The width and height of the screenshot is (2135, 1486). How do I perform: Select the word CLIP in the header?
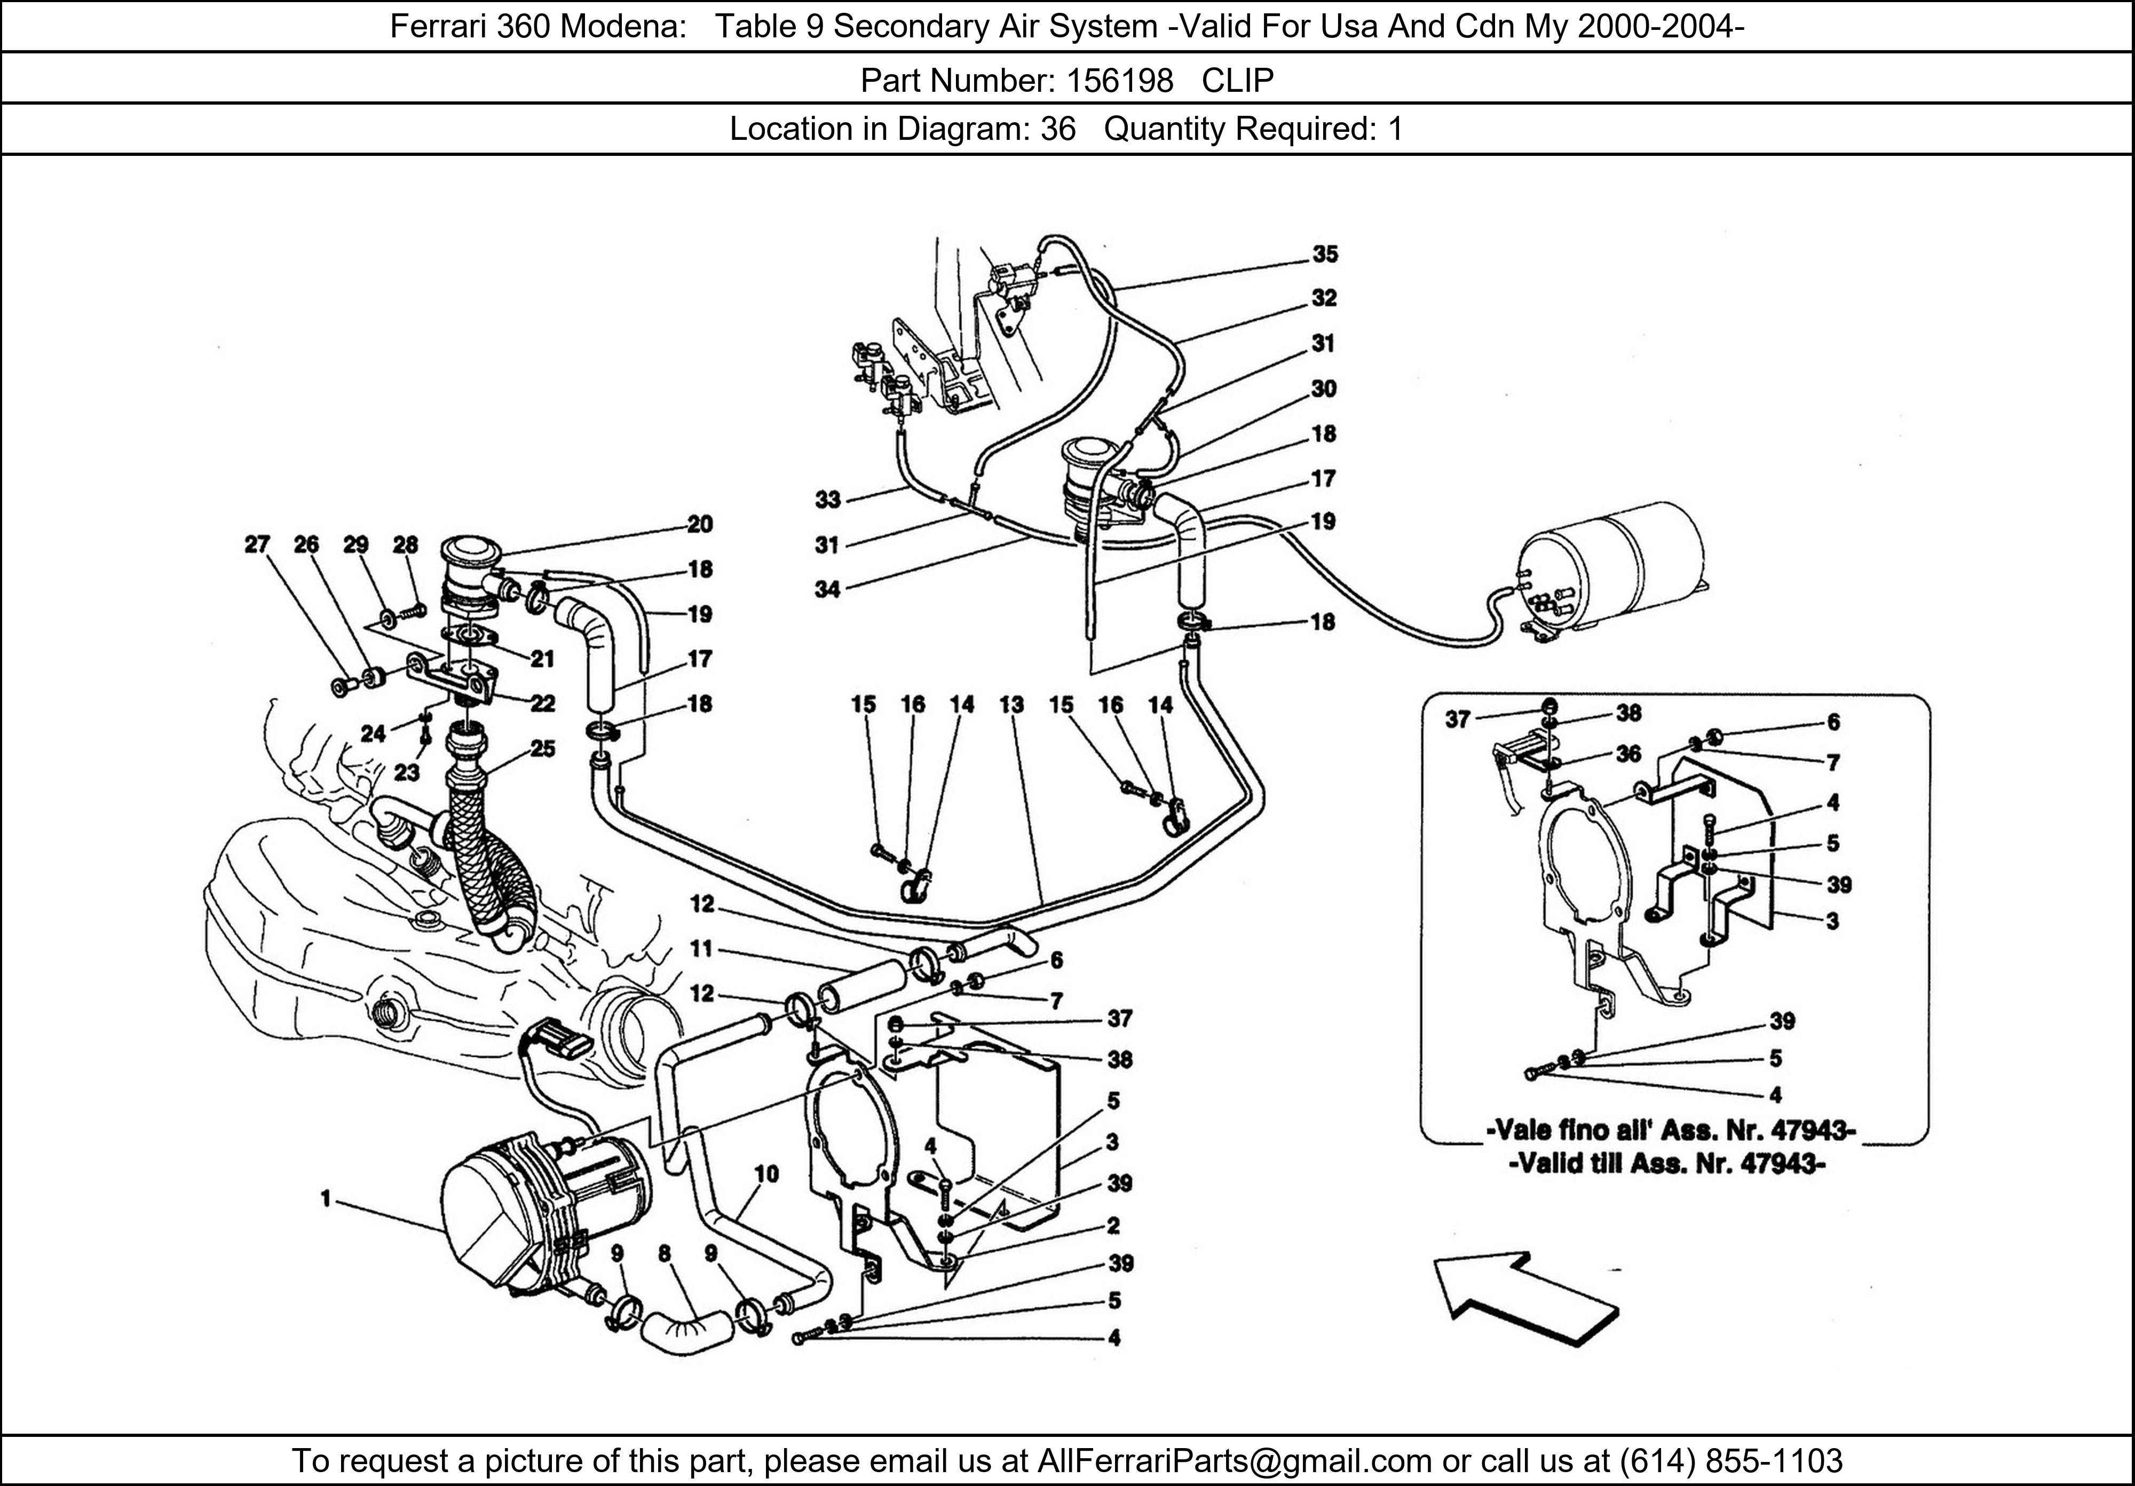point(1238,81)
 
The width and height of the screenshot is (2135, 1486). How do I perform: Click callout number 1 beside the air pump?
point(326,1199)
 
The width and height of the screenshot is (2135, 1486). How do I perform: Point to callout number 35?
point(1325,254)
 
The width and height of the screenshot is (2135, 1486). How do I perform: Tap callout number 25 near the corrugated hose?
point(542,748)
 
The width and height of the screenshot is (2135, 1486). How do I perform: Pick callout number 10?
point(766,1174)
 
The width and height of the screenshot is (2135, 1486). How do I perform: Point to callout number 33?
point(828,500)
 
